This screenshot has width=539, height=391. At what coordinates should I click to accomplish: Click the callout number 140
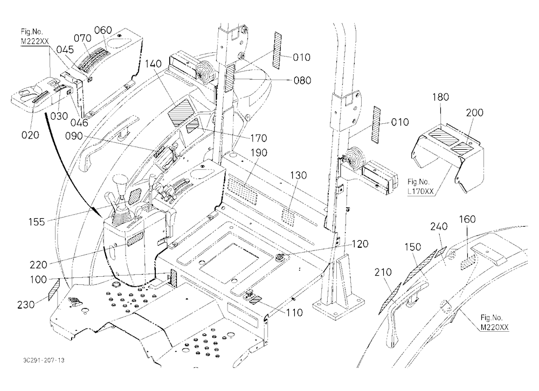(153, 64)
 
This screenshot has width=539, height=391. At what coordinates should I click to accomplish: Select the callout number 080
(302, 80)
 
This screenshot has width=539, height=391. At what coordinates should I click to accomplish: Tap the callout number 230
(26, 304)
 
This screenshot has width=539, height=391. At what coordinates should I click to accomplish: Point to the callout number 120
(360, 244)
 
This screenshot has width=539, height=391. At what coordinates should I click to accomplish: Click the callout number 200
(475, 113)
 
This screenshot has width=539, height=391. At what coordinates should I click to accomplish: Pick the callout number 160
(467, 219)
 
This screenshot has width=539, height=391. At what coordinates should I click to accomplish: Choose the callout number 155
(37, 222)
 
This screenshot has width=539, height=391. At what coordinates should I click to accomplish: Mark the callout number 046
(80, 123)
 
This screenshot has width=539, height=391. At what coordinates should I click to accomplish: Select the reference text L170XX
(421, 191)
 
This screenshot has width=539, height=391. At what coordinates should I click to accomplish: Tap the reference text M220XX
(494, 327)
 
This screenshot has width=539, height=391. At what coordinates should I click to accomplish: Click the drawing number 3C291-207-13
(44, 360)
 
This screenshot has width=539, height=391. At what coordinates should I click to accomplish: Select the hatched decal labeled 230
(53, 290)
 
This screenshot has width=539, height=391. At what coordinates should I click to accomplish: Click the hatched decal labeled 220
(135, 239)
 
